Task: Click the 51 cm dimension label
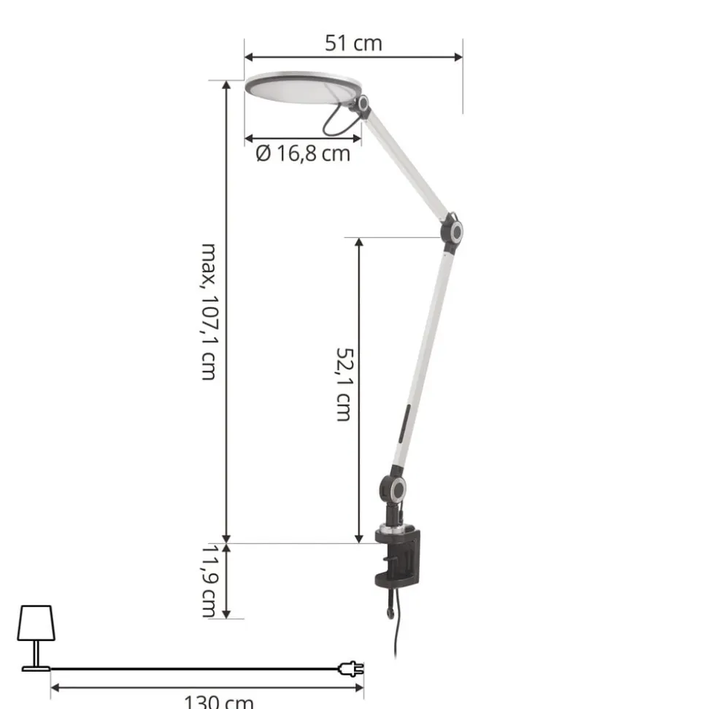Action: click(353, 43)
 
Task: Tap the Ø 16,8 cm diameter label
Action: click(303, 154)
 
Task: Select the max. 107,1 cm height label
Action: click(209, 312)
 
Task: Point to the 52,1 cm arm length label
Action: click(344, 384)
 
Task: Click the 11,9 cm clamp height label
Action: click(209, 580)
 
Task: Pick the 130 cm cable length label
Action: click(219, 702)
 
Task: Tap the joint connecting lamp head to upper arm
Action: click(363, 104)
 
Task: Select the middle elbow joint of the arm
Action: click(452, 232)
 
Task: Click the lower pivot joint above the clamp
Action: click(393, 488)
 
